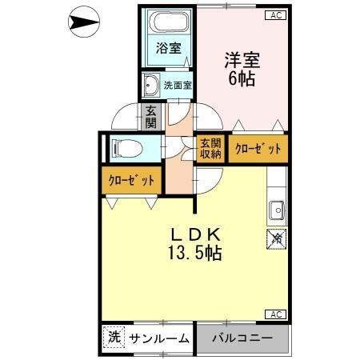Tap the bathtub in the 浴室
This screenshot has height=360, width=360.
167,25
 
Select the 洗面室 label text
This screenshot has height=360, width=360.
178,84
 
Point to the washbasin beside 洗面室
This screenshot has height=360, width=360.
150,84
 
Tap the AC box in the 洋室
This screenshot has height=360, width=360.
275,14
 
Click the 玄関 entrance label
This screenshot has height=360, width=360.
150,117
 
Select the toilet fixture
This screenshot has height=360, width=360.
127,147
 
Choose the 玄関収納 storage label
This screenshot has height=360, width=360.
210,148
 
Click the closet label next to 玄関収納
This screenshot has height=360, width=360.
258,149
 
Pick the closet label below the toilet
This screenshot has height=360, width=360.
131,180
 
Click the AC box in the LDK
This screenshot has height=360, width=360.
275,314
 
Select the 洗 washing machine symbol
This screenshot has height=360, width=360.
114,338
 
